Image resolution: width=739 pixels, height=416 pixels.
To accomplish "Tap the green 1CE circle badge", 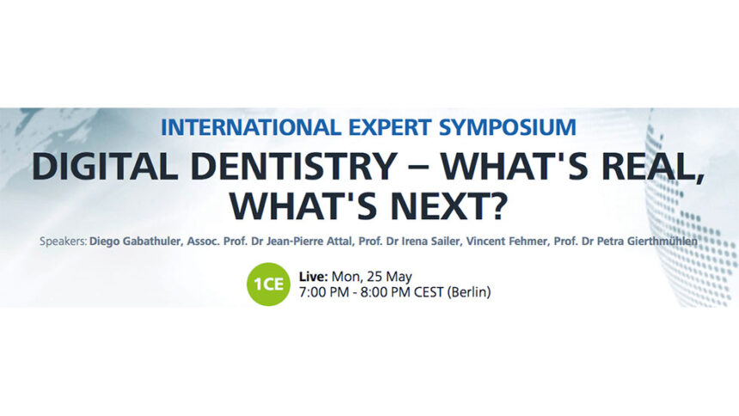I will tap(269, 284).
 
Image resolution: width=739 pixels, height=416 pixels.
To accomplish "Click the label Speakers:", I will tap(63, 242).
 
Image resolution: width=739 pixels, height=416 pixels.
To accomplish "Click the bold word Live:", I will tap(314, 276).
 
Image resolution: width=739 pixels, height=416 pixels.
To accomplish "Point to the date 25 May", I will tap(388, 276).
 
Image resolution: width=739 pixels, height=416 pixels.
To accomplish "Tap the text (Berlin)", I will tap(469, 292).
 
